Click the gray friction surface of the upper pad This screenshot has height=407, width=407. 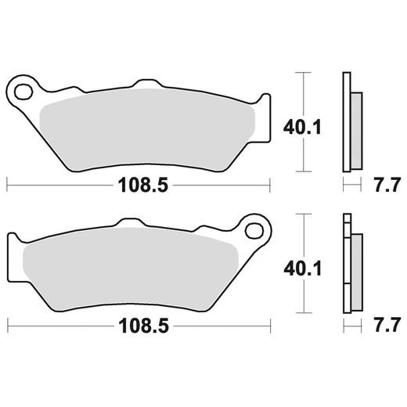pos(149,125)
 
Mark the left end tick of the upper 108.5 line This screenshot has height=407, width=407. pos(7,185)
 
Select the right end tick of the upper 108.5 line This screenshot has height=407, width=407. pos(270,185)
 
